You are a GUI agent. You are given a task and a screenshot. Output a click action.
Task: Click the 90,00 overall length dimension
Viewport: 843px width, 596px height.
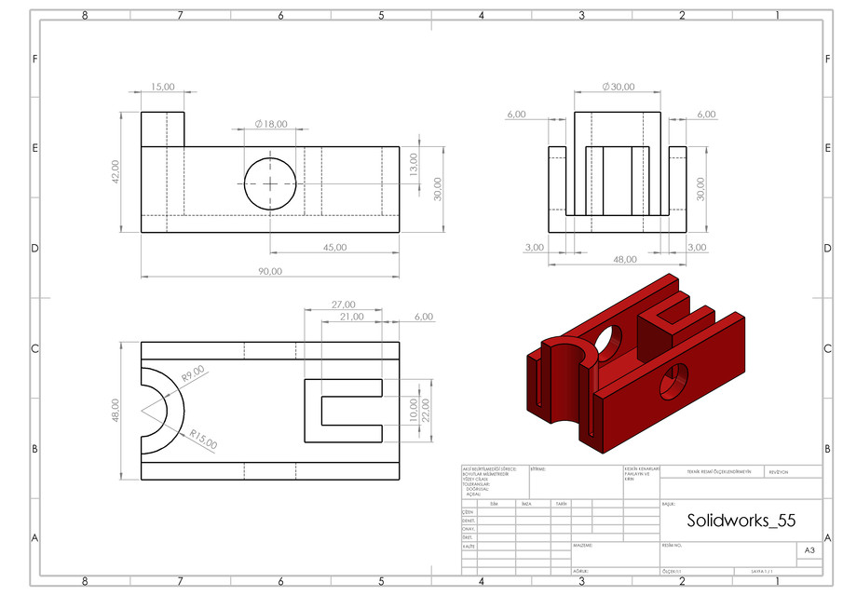tap(271, 271)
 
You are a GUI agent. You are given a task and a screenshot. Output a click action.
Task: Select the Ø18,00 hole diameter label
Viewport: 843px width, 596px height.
tap(271, 124)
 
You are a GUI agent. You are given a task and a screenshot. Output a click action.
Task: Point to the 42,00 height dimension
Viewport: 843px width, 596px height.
tap(115, 171)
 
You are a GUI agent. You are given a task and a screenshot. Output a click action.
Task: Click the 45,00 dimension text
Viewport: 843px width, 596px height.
tap(334, 247)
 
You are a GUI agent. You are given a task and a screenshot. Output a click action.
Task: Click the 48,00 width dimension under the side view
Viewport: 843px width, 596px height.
tap(624, 260)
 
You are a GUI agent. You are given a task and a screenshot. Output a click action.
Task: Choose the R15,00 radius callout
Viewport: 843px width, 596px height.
tap(203, 440)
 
